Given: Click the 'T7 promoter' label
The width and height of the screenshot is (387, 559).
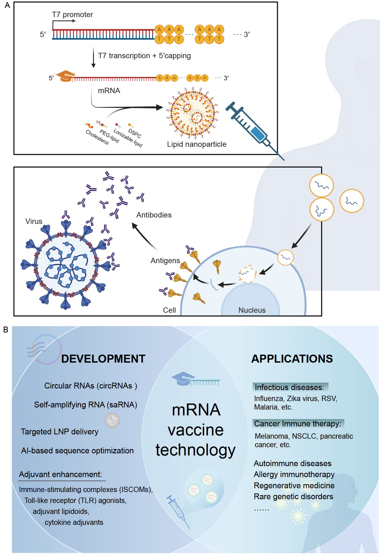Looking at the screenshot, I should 72,15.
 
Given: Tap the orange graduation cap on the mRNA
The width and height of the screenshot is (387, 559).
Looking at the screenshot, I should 66,76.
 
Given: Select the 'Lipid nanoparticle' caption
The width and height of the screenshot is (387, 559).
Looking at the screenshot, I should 197,144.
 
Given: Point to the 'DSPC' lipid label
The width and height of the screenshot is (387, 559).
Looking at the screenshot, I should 135,133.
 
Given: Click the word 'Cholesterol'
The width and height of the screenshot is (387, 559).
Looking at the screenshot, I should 97,137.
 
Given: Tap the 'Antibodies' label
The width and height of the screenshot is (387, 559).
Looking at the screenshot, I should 154,215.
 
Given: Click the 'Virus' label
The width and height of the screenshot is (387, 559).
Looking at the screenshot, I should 34,221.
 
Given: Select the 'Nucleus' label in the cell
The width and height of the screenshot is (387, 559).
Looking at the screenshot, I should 252,310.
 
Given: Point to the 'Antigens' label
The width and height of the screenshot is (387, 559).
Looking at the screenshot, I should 165,261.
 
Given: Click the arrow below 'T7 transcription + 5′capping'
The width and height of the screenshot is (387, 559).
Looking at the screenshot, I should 93,58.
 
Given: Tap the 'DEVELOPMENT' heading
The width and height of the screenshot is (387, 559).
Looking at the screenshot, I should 103,359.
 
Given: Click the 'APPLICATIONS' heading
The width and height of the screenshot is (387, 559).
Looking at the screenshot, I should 292,359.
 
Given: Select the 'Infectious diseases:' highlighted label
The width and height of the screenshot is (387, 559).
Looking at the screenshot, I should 290,387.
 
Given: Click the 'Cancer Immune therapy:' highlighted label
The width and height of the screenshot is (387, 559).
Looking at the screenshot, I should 298,424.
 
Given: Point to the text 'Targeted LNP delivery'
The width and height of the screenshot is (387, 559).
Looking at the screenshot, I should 60,432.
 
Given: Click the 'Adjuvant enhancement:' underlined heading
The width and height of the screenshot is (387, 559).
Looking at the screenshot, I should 60,474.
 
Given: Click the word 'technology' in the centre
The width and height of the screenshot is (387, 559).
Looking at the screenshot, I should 195,450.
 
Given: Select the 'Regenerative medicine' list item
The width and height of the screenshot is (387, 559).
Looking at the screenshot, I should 294,485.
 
